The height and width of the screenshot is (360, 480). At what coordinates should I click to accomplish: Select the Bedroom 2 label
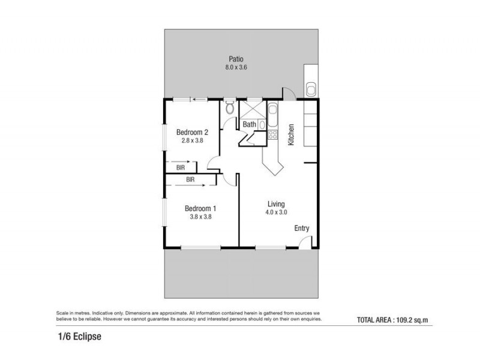[x=192, y=132]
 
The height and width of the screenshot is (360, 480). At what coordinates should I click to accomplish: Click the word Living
[x=276, y=204]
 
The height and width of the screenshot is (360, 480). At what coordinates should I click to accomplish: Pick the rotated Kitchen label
[x=292, y=135]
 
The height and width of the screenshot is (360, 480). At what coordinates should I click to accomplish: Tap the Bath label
[x=249, y=125]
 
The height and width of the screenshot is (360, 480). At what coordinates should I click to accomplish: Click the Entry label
[x=301, y=228]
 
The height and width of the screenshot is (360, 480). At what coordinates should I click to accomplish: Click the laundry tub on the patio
[x=311, y=89]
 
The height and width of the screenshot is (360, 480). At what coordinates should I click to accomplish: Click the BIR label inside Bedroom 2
[x=180, y=169]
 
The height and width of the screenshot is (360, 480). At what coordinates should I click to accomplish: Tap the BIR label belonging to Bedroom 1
[x=190, y=179]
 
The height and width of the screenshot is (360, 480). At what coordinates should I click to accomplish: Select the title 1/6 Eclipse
[x=75, y=337]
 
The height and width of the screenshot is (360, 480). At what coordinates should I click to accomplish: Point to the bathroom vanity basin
[x=262, y=124]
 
